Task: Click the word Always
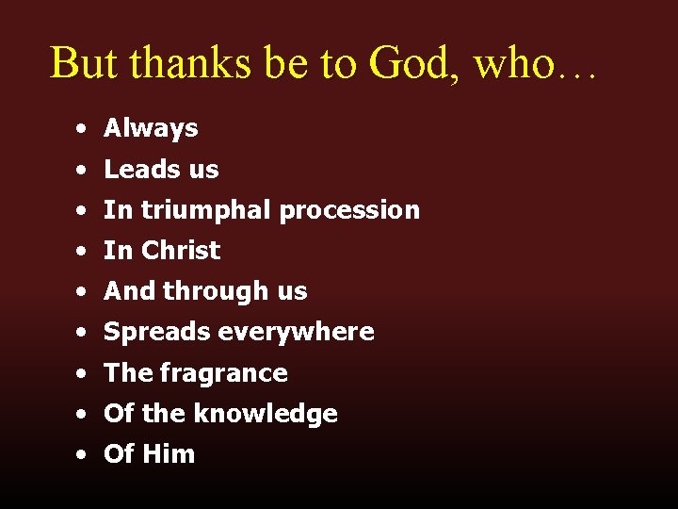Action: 151,128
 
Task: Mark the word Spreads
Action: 157,332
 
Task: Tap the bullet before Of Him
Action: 84,455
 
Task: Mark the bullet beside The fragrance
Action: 84,374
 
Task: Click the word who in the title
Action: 513,62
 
